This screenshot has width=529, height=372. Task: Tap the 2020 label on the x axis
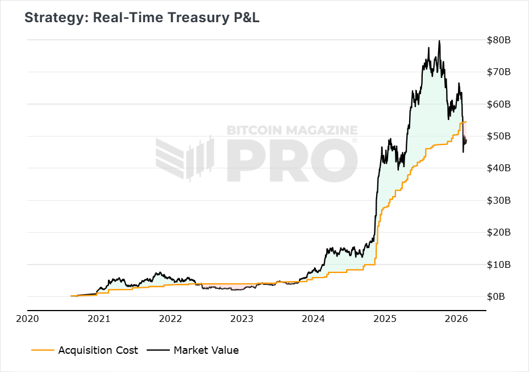pos(27,319)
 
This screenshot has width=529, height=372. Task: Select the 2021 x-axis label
pos(99,319)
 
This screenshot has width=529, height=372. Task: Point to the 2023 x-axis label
pos(241,319)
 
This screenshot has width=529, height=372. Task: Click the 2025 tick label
pos(385,319)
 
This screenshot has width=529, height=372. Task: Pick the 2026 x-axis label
pos(456,319)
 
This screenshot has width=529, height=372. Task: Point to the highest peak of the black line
pos(439,41)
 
